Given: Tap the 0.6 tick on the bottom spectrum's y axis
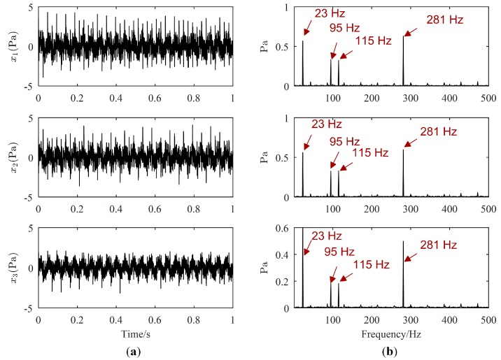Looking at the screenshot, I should point(281,228).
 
